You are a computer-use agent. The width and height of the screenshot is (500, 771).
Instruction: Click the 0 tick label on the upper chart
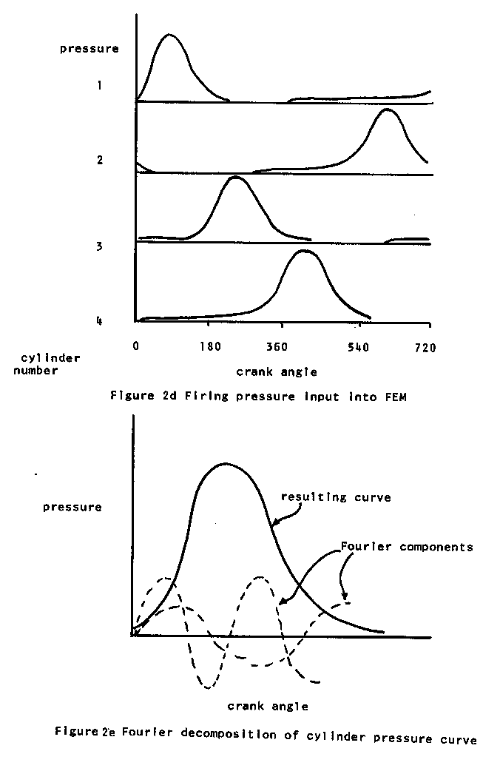coord(136,346)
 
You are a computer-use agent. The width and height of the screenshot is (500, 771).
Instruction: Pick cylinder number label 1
coord(98,86)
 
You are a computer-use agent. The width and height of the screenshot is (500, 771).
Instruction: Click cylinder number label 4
coord(98,320)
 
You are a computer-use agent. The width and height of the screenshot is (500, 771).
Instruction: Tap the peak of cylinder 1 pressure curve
coord(169,35)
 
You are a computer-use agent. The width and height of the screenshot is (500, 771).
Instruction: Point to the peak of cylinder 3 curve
coord(234,177)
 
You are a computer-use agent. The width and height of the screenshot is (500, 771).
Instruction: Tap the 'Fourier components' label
coord(406,548)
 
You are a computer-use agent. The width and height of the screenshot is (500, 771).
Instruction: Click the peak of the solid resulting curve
coord(226,463)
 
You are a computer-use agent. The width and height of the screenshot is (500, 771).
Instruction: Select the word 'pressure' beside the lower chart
coord(72,507)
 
